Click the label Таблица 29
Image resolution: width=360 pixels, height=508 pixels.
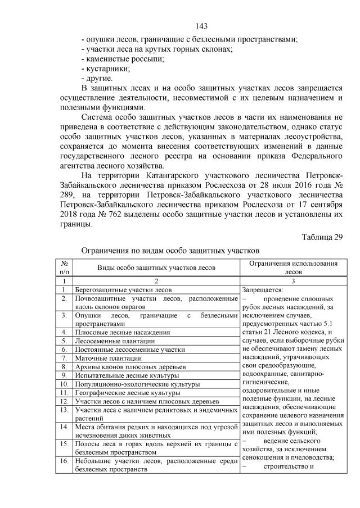tap(322, 236)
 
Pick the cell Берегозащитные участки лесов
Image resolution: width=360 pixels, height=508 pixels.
tap(123, 289)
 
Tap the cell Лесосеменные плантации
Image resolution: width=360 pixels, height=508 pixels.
tap(115, 341)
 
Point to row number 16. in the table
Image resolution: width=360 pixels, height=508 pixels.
tap(65, 461)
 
